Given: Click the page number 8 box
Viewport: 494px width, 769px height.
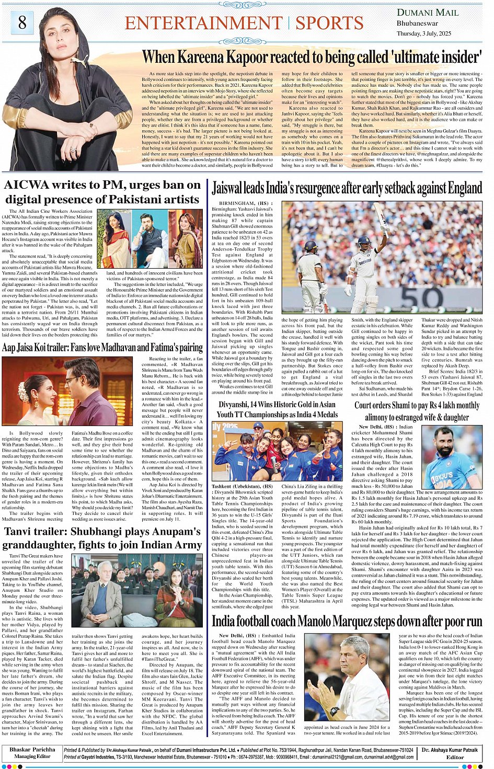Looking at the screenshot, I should [x=22, y=22].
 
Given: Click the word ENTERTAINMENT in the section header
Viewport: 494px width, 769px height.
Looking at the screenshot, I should [x=204, y=23].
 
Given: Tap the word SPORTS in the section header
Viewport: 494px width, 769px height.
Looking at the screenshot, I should [x=329, y=23].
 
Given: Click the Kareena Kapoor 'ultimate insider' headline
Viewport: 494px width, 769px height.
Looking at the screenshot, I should [x=312, y=56].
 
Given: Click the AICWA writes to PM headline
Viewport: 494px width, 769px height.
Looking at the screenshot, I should [x=102, y=192].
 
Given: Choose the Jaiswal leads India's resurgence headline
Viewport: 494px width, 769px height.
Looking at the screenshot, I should [x=347, y=188].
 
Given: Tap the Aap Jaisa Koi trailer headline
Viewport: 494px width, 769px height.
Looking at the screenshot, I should [x=102, y=348].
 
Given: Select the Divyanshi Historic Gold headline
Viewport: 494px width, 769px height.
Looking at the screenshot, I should [x=278, y=409].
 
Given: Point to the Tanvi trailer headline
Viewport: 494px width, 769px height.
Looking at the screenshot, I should [x=102, y=538].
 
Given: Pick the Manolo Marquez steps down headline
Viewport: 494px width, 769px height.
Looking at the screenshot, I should [x=347, y=621].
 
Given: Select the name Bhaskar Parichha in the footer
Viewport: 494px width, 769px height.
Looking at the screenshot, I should [x=32, y=750].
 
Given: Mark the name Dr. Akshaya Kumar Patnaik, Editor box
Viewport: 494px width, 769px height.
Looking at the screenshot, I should [x=450, y=753].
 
